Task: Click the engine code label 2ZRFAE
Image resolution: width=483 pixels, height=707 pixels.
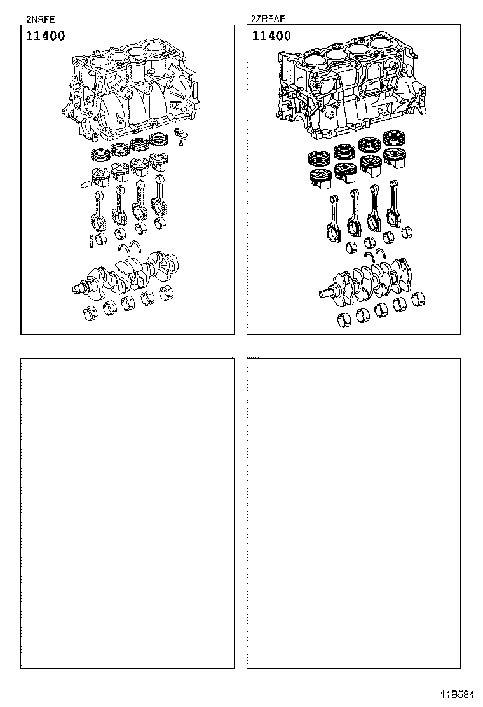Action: tap(268, 18)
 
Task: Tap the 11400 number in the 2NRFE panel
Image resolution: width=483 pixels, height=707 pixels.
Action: tap(45, 36)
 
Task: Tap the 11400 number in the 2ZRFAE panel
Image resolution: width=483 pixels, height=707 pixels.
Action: tap(271, 36)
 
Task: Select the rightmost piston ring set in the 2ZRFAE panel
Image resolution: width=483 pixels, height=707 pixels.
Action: tap(395, 138)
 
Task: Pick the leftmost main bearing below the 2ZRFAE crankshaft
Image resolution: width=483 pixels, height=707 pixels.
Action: tap(345, 319)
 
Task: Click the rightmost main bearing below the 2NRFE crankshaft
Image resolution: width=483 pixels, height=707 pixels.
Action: tap(168, 292)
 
